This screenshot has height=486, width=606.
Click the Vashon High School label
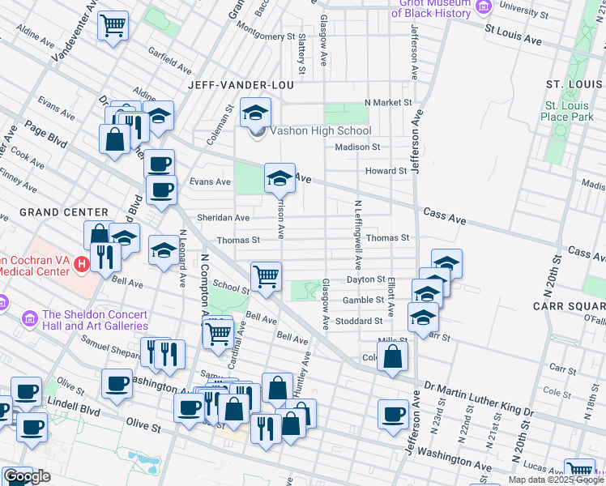pyautogui.click(x=320, y=130)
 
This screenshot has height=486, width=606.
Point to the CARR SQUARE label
pyautogui.click(x=569, y=306)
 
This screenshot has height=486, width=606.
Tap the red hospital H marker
pyautogui.click(x=81, y=264)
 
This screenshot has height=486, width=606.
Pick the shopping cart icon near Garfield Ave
pyautogui.click(x=113, y=25)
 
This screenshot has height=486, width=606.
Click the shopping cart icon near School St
pyautogui.click(x=265, y=277)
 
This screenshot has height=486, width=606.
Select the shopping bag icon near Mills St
pyautogui.click(x=392, y=356)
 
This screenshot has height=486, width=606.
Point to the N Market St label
pyautogui.click(x=388, y=103)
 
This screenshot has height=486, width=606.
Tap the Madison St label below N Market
pyautogui.click(x=357, y=147)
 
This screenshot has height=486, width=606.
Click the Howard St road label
pyautogui.click(x=386, y=171)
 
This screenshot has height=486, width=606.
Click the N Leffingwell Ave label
pyautogui.click(x=356, y=235)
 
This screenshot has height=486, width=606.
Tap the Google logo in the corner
pyautogui.click(x=28, y=476)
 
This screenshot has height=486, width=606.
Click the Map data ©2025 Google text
pyautogui.click(x=555, y=480)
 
